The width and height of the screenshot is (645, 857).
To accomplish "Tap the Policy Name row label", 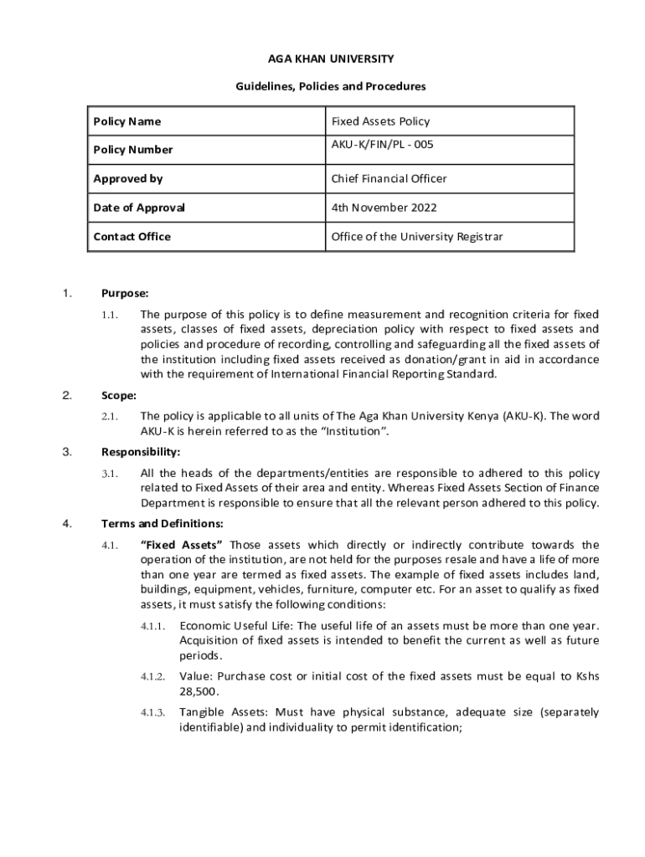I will click(126, 121).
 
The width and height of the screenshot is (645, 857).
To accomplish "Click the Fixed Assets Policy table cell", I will click(380, 121).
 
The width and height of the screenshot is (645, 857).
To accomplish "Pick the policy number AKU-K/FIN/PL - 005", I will click(382, 145).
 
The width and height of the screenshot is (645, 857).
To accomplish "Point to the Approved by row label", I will click(127, 178).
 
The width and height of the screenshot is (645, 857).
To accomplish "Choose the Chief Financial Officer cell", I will click(389, 178).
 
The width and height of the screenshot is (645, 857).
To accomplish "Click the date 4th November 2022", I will click(384, 208).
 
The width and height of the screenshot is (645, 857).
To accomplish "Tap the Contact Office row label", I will click(132, 236).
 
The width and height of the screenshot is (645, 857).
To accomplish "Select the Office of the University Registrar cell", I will click(416, 236).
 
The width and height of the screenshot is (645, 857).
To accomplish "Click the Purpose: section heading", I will click(125, 294).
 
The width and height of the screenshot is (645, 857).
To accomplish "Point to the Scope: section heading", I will click(119, 395).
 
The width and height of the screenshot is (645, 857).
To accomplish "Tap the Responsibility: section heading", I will click(141, 452).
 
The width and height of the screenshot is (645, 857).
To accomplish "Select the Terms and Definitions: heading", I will click(162, 524).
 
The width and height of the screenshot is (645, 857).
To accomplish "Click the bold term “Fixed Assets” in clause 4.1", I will click(181, 545).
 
